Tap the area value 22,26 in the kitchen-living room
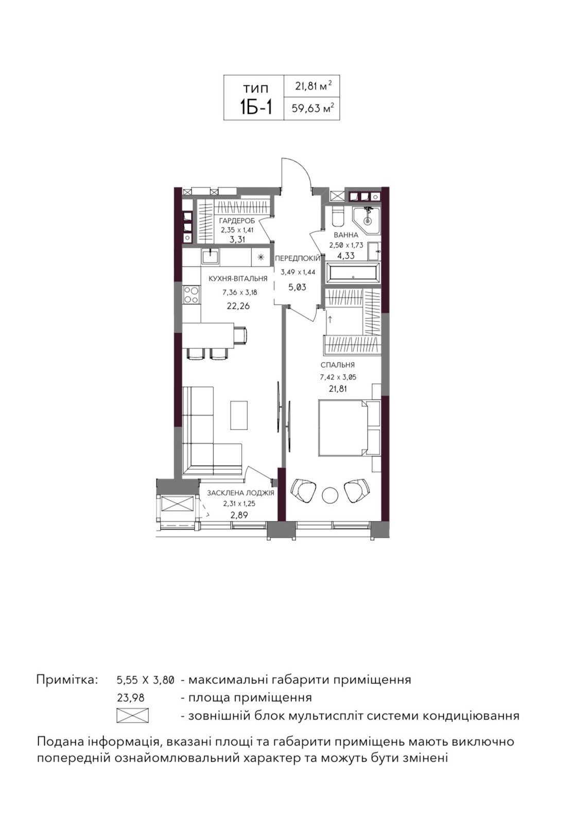point(238,306)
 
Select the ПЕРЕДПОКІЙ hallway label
point(298,258)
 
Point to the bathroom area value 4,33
point(345,255)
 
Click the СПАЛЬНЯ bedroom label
point(338,365)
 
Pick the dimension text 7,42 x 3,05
point(338,377)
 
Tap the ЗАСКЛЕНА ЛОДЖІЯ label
point(240,493)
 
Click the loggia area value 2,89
point(239,515)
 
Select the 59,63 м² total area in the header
point(313,108)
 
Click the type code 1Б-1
point(256,108)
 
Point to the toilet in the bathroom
point(336,216)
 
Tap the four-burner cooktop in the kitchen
point(192,295)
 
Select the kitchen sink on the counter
point(210,255)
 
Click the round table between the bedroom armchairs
point(330,495)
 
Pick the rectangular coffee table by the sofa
point(239,415)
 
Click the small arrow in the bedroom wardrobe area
point(330,319)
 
